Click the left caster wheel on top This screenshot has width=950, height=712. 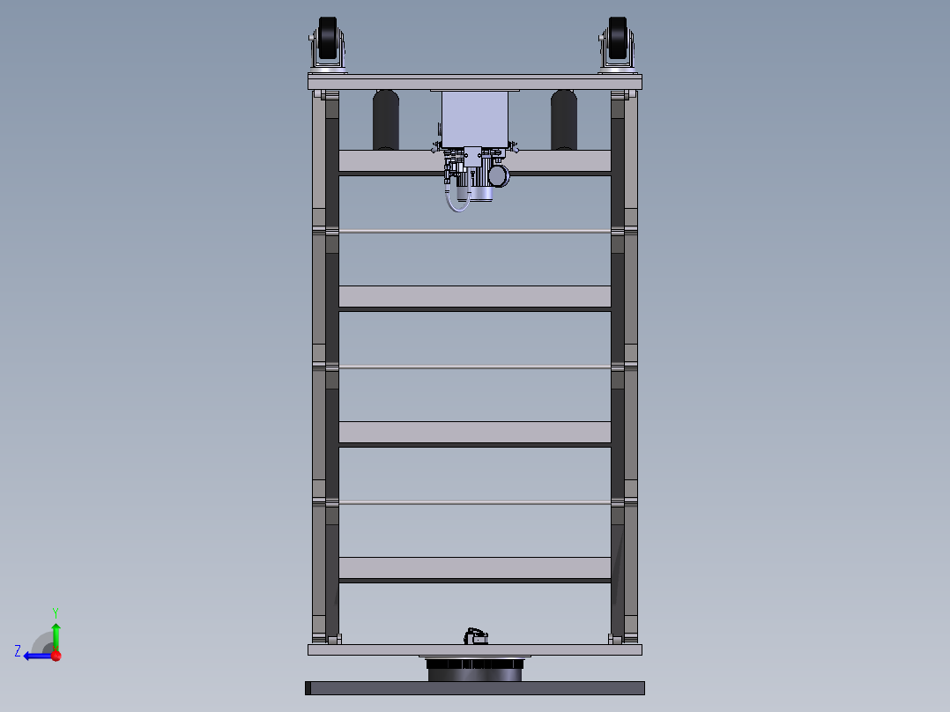coord(328,39)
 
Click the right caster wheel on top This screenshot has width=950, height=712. coord(618,39)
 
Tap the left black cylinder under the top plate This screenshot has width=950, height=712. coord(386,120)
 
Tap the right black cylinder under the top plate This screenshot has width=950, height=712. coord(564,120)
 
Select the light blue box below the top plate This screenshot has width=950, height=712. coord(475,119)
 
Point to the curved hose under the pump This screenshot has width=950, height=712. coord(456,200)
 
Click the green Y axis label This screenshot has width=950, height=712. coord(56,612)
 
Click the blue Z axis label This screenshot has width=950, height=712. coord(18,651)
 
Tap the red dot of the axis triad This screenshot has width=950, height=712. coord(56,656)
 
